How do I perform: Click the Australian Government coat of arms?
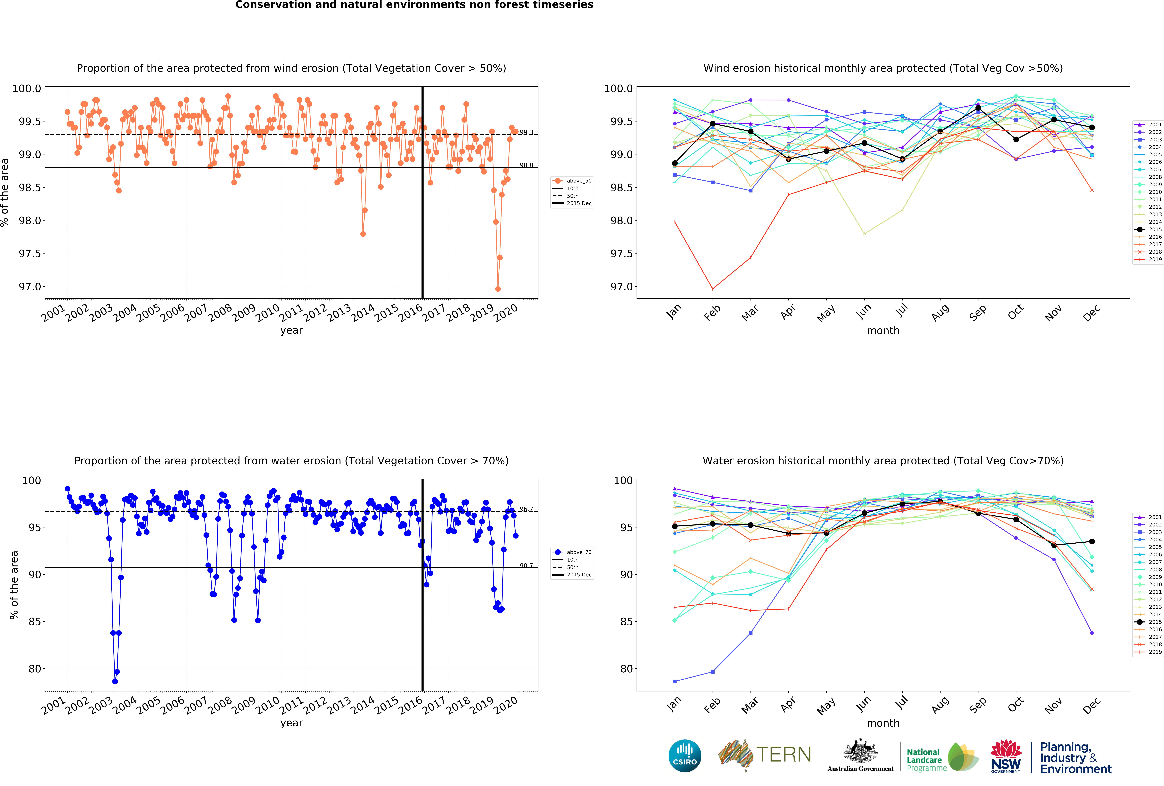[x=860, y=751]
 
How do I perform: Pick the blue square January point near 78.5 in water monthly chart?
[x=675, y=681]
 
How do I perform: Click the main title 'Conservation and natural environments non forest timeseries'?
[x=414, y=5]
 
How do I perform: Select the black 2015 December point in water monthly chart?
[x=1092, y=541]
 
